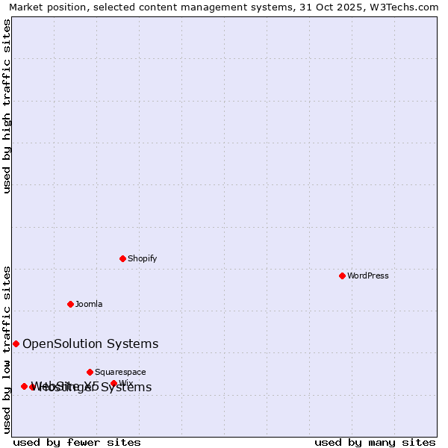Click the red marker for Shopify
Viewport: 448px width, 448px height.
pyautogui.click(x=122, y=258)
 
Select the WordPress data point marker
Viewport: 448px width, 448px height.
pyautogui.click(x=342, y=276)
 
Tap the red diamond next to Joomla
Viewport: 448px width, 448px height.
pyautogui.click(x=70, y=304)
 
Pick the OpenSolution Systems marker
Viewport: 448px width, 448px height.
pyautogui.click(x=16, y=343)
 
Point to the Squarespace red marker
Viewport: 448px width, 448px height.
pyautogui.click(x=90, y=372)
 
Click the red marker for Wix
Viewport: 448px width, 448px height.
pyautogui.click(x=113, y=383)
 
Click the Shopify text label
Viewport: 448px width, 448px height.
pyautogui.click(x=142, y=258)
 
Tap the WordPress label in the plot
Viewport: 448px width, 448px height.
pyautogui.click(x=368, y=276)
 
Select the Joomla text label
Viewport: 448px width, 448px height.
pyautogui.click(x=89, y=304)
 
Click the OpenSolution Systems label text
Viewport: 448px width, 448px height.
pyautogui.click(x=90, y=343)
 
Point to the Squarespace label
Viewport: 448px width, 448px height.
pyautogui.click(x=120, y=372)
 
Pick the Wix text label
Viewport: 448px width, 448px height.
pyautogui.click(x=126, y=383)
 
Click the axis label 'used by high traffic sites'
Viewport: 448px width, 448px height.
pyautogui.click(x=7, y=106)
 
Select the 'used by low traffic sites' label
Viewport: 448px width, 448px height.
pyautogui.click(x=7, y=349)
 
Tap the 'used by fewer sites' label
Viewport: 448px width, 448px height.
pyautogui.click(x=77, y=442)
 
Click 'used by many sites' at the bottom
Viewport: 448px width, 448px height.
pyautogui.click(x=375, y=442)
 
